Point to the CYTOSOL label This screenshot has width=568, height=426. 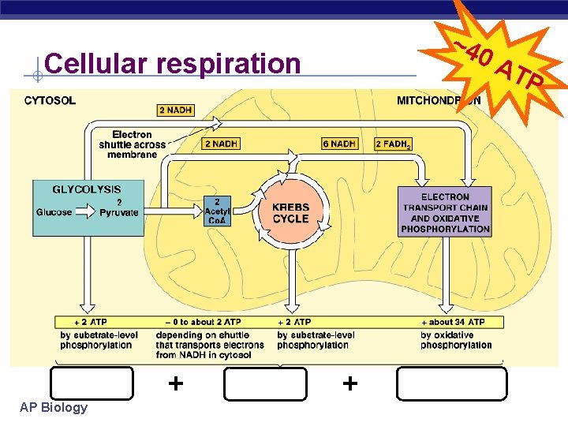tap(50, 101)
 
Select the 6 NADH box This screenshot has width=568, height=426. tap(339, 144)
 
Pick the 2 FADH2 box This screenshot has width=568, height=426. tap(390, 144)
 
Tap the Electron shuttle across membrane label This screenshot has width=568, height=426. tap(133, 144)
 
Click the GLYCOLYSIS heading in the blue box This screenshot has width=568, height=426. tap(87, 189)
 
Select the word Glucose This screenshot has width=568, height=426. tap(54, 212)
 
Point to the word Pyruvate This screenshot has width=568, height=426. tap(118, 212)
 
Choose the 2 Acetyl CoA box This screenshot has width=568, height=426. tap(218, 210)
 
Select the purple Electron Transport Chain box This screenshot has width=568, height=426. tap(445, 212)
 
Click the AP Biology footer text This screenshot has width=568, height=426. tap(54, 408)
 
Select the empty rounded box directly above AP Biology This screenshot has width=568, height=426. tap(92, 384)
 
